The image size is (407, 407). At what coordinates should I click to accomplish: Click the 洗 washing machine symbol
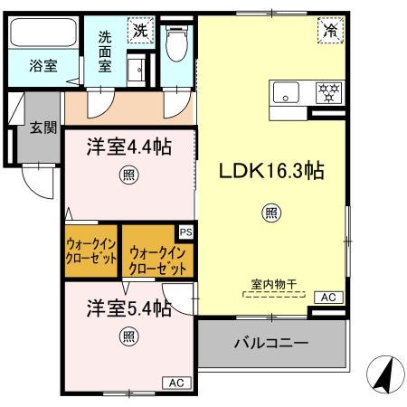140,29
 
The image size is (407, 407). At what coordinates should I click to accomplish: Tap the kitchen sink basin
287,91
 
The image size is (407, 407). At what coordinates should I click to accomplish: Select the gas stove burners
327,91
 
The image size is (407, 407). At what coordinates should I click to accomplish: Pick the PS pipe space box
185,232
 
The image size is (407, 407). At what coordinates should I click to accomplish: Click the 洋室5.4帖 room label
129,308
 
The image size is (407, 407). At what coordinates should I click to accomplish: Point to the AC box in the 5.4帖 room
176,383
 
